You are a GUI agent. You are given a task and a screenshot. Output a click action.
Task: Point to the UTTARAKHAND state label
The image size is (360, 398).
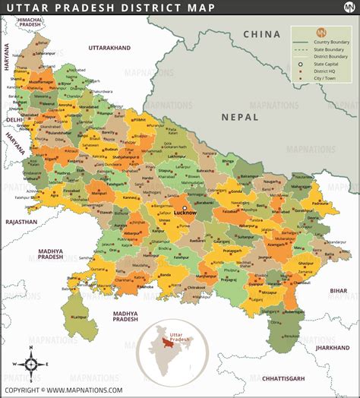(x=109, y=48)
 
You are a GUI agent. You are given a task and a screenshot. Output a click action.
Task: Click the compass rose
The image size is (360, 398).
(x=31, y=363)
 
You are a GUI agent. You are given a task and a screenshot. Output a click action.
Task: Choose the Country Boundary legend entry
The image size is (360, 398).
(x=327, y=41)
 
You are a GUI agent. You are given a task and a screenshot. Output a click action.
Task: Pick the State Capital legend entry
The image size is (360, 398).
(x=327, y=65)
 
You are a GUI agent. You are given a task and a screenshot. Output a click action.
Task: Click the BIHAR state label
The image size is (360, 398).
(x=338, y=290)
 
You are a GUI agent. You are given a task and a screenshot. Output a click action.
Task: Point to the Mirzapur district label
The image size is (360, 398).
(x=270, y=291)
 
